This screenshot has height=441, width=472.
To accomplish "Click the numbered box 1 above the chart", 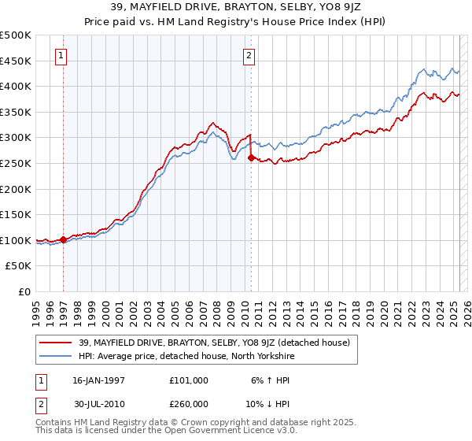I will (61, 55).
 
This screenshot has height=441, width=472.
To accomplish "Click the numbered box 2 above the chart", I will (249, 55).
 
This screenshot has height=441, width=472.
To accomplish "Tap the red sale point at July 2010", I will (251, 158).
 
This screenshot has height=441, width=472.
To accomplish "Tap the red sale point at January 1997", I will (63, 239).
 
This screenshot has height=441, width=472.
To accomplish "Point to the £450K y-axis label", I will (16, 61).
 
